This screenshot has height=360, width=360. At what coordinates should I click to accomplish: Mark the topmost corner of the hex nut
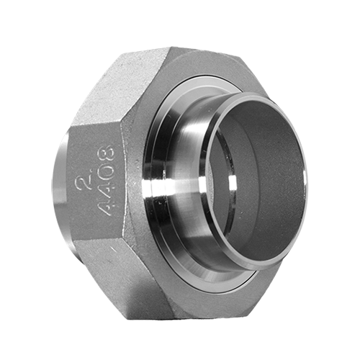[x=170, y=48]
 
